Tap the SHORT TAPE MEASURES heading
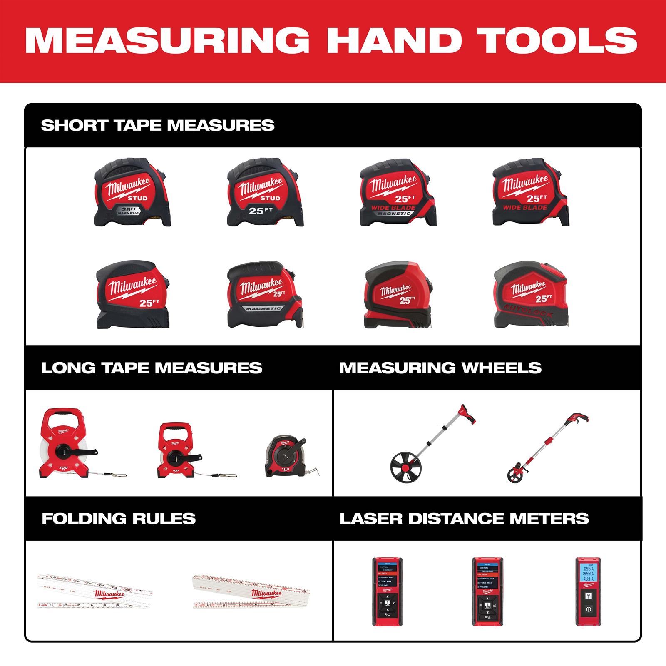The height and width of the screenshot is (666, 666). [158, 125]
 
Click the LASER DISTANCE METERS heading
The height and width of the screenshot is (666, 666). [464, 519]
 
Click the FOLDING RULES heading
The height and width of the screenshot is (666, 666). [119, 519]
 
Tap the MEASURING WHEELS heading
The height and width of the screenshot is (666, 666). [440, 368]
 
